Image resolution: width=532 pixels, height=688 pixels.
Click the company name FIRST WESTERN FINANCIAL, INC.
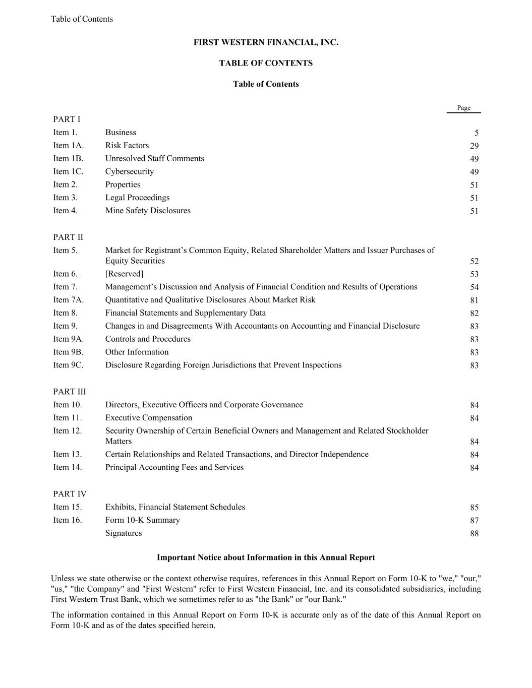click(x=266, y=43)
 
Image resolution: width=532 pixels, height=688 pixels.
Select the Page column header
click(x=463, y=108)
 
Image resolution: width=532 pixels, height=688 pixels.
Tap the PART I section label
click(x=67, y=119)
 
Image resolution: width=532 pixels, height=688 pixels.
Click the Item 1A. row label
click(x=68, y=146)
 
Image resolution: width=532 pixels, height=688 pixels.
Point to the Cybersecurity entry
click(x=130, y=172)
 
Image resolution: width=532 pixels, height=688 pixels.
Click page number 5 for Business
click(x=476, y=133)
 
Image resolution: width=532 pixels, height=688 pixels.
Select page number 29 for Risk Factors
click(x=474, y=146)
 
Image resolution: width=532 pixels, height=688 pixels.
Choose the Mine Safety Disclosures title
click(x=148, y=211)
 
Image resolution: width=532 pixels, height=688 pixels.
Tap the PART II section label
click(x=68, y=237)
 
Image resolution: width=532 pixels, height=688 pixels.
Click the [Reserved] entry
click(x=124, y=274)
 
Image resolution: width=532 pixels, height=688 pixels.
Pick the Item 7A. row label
click(x=68, y=300)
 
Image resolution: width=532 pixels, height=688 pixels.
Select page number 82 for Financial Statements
click(x=474, y=314)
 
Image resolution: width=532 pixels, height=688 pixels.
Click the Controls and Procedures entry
click(x=148, y=339)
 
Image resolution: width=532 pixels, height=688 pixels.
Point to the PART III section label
click(x=70, y=392)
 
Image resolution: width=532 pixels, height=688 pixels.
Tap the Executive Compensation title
click(x=149, y=418)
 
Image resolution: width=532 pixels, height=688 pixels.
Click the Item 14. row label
click(x=68, y=468)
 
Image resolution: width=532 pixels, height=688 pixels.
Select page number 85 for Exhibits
click(x=474, y=508)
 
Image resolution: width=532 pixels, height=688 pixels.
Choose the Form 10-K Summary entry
click(x=142, y=520)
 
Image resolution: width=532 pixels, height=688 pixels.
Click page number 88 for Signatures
click(x=474, y=534)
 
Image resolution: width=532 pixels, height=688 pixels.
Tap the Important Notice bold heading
click(x=266, y=557)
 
